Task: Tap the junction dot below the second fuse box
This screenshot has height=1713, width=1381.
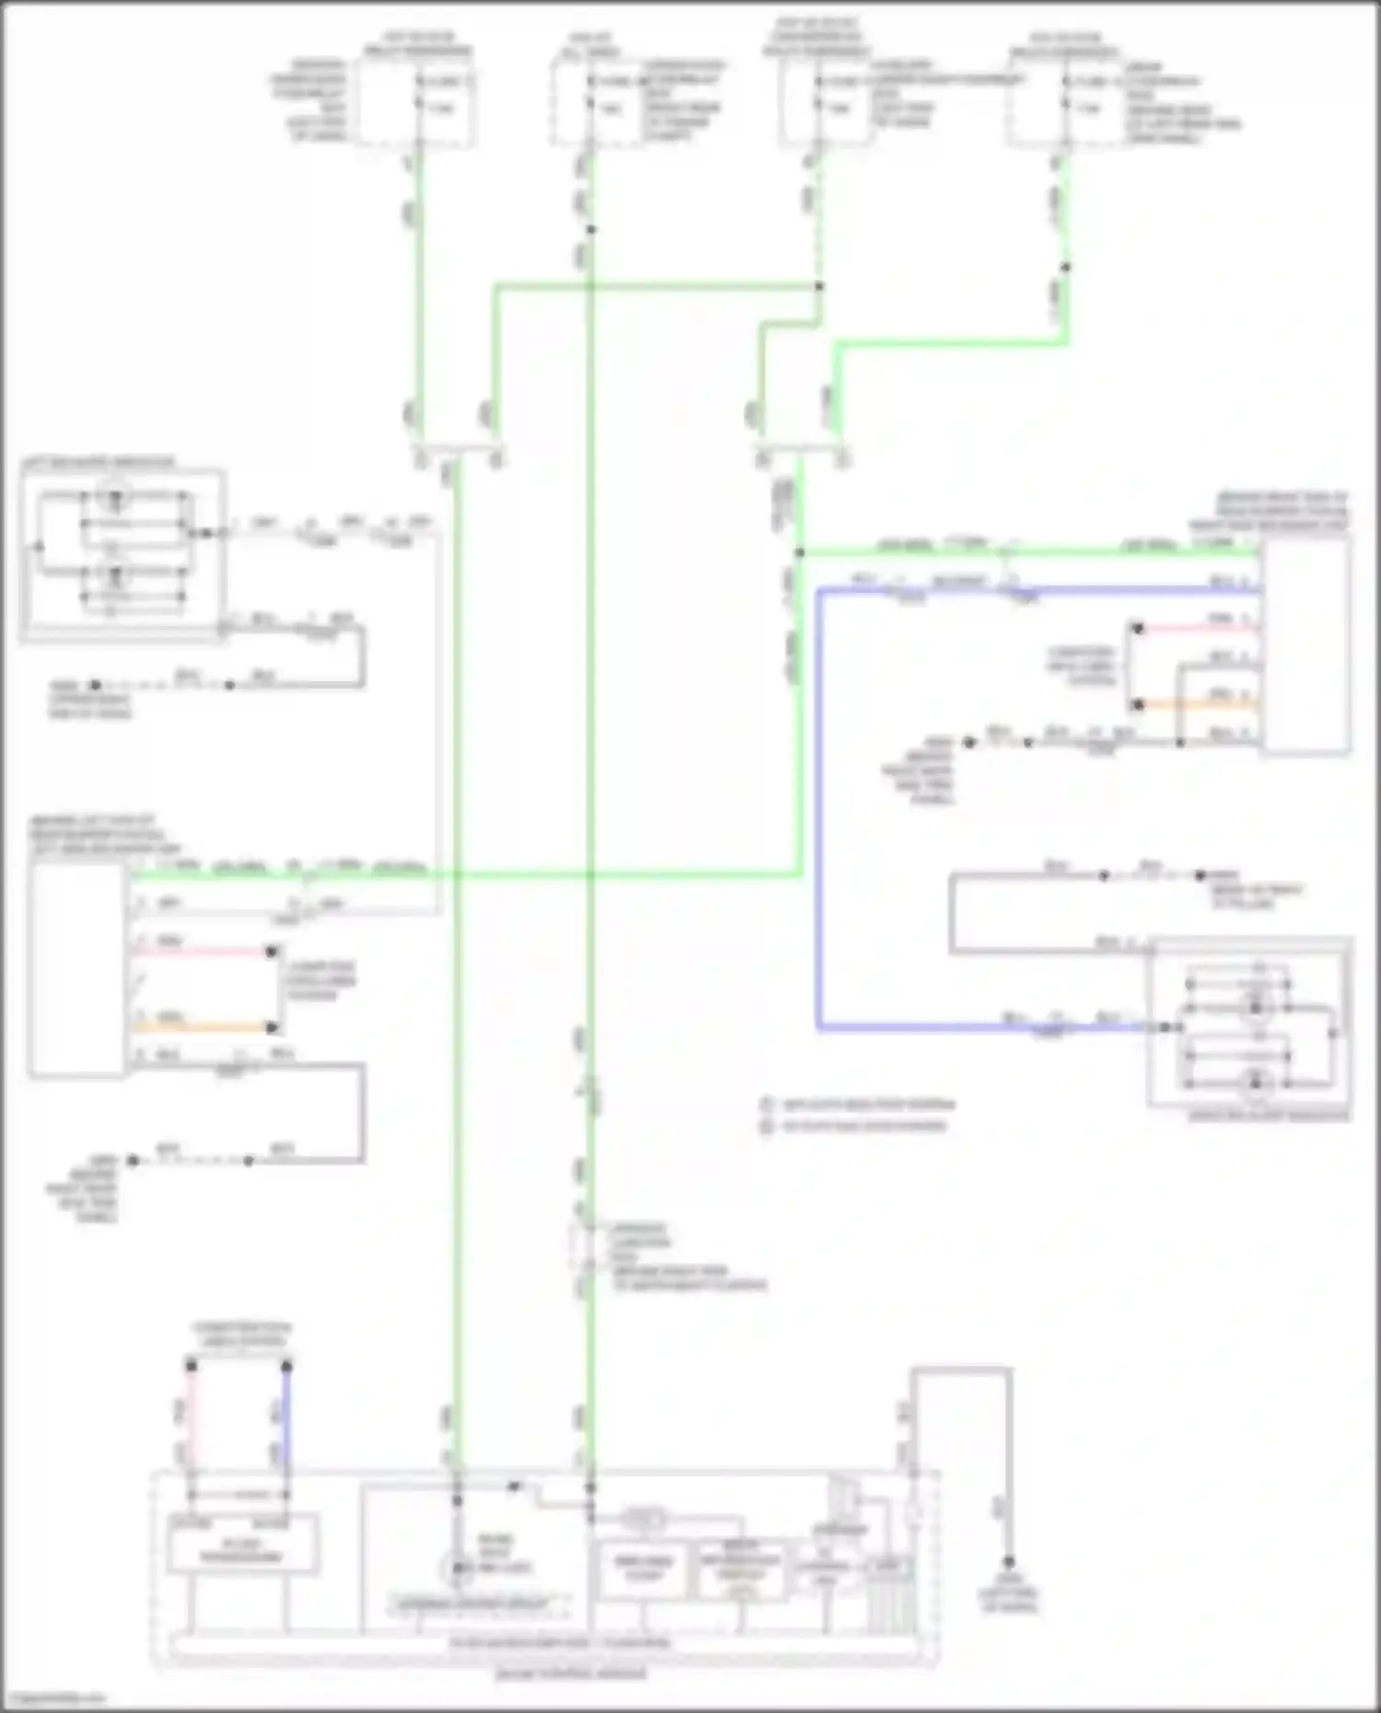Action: pyautogui.click(x=591, y=229)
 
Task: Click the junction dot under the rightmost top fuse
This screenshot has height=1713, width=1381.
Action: pyautogui.click(x=1065, y=267)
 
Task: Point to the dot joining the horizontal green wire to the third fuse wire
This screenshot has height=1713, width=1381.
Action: pyautogui.click(x=818, y=286)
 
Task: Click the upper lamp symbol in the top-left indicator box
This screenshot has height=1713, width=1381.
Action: pyautogui.click(x=116, y=500)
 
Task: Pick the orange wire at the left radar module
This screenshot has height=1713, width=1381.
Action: pyautogui.click(x=203, y=1026)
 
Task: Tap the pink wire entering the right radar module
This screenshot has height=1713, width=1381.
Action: pyautogui.click(x=1197, y=630)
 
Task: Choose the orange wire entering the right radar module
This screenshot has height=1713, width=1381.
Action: pyautogui.click(x=1197, y=705)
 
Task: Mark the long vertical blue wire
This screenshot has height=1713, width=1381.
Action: pyautogui.click(x=818, y=810)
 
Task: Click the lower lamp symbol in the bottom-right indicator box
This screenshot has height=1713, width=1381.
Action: pyautogui.click(x=1254, y=1082)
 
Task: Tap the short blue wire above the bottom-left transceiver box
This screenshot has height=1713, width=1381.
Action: pyautogui.click(x=286, y=1418)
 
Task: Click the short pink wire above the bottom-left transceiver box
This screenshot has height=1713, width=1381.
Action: pyautogui.click(x=191, y=1418)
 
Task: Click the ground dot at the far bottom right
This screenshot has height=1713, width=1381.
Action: pyautogui.click(x=1009, y=1562)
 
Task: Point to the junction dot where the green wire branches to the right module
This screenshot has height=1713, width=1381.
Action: pyautogui.click(x=799, y=552)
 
